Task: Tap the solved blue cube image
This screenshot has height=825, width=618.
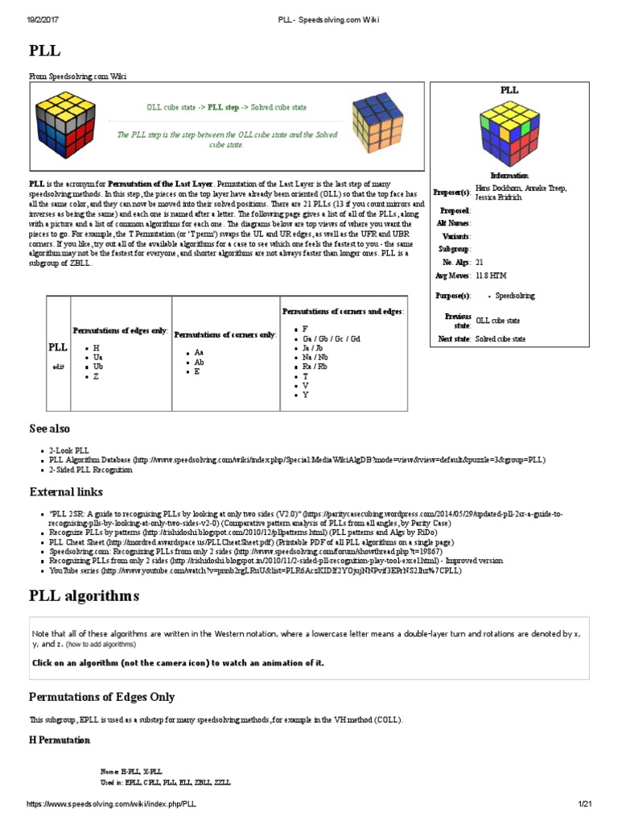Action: (x=379, y=125)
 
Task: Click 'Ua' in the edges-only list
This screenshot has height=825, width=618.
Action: (x=98, y=355)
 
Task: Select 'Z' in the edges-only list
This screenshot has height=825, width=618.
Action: (x=96, y=375)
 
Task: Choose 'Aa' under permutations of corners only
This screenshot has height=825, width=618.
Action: (x=200, y=352)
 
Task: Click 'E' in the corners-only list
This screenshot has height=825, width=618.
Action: (x=197, y=371)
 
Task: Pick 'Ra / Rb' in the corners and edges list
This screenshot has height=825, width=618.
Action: (x=315, y=366)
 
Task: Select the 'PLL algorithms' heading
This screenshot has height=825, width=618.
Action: (x=84, y=596)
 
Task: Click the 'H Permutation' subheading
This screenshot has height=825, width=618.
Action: (x=60, y=740)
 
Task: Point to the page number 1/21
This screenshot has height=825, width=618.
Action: (x=584, y=805)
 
